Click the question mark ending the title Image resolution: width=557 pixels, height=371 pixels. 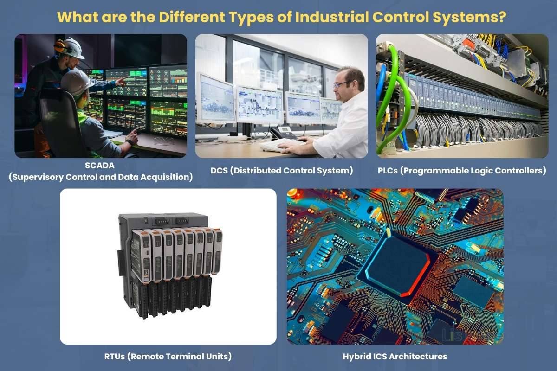click(501, 17)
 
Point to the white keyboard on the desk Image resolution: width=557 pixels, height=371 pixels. click(278, 145)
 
